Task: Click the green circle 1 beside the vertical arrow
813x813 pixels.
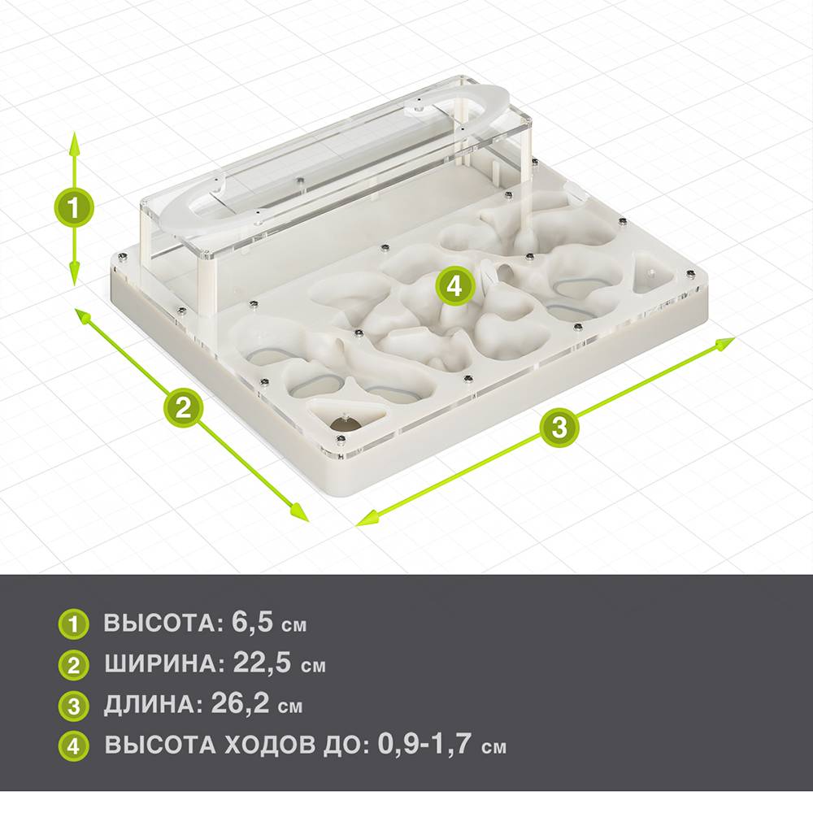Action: click(x=74, y=207)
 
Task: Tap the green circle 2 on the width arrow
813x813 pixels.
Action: click(x=184, y=407)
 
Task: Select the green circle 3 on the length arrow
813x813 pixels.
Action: click(x=559, y=428)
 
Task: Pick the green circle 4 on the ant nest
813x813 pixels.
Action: click(x=455, y=285)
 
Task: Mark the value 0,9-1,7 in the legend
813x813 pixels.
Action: click(x=424, y=744)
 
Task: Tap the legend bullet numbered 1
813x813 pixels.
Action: click(x=74, y=624)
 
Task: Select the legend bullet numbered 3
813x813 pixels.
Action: click(x=74, y=706)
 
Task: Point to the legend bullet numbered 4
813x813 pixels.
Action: click(x=74, y=746)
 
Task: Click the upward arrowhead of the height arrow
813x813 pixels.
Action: click(x=74, y=143)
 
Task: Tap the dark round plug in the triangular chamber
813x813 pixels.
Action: click(x=346, y=424)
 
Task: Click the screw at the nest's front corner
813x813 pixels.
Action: click(x=340, y=440)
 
